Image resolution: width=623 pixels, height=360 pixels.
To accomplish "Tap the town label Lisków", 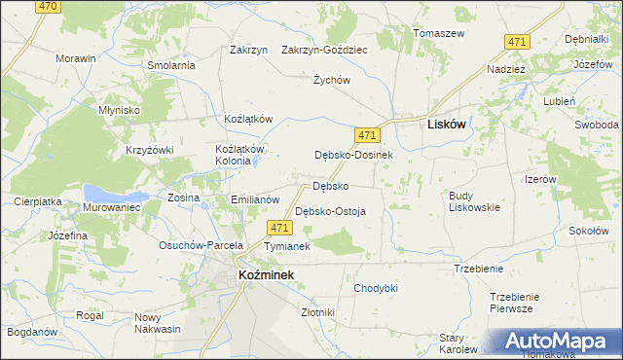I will coord(446,125).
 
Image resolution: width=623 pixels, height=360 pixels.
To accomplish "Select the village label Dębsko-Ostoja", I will coord(330,211).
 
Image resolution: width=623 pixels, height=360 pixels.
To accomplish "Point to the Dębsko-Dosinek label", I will coord(352,155).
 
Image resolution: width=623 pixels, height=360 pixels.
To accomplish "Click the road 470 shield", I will coord(47,6).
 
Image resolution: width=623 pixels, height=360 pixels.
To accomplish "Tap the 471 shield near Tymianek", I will coord(279,228).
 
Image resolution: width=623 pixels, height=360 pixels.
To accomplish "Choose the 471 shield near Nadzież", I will coord(517,41).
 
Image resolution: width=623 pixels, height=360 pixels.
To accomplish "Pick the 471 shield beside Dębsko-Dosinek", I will coord(367,134).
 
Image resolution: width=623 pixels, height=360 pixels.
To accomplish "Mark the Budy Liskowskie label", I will coord(474,200).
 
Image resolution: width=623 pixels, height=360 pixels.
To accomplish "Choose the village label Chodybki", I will coord(376,288).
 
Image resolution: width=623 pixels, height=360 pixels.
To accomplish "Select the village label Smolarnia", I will coord(171,65).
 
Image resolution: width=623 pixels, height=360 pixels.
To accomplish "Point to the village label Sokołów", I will coord(588,231).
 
